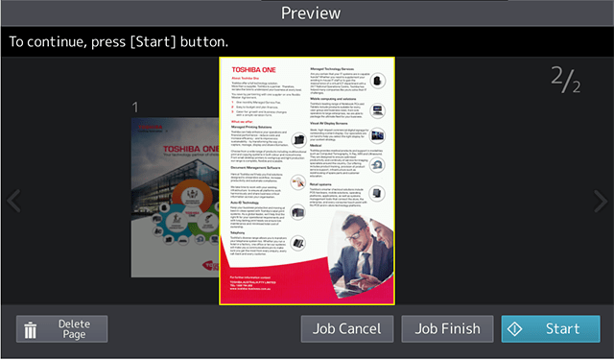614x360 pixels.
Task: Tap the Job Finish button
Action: click(x=447, y=328)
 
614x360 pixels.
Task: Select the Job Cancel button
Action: click(x=346, y=328)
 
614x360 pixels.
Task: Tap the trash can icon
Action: click(x=31, y=330)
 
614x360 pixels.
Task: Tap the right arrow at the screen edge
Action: click(x=601, y=202)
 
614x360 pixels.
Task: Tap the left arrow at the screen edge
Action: click(x=12, y=202)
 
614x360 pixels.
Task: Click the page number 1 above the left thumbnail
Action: click(x=136, y=107)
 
